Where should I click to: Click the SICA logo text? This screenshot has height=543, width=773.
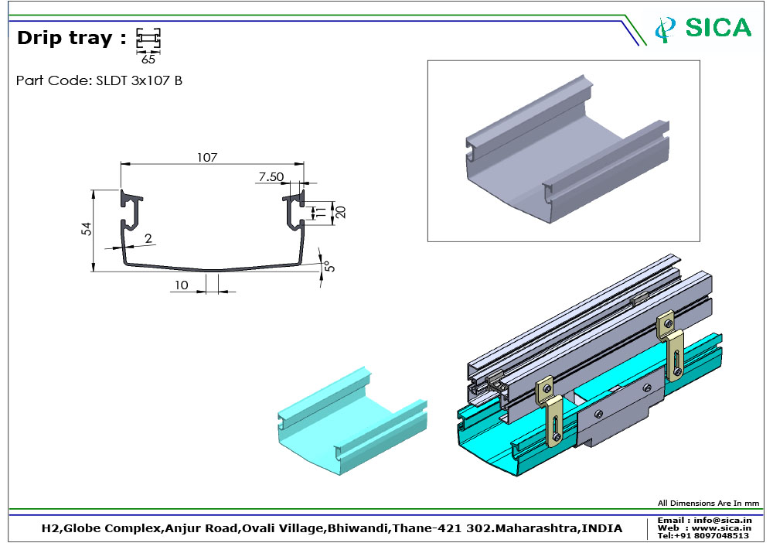[718, 28]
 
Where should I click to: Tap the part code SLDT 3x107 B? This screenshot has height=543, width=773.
[99, 80]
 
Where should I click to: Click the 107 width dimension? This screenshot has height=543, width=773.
[206, 157]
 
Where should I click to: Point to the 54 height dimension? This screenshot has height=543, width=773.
[87, 229]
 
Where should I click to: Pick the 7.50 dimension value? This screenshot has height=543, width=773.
[271, 177]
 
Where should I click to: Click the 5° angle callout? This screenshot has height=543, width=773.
[328, 266]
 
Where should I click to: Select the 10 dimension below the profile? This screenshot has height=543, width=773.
[181, 285]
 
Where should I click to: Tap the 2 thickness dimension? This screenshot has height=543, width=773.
[148, 239]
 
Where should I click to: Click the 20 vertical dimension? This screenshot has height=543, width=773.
[339, 211]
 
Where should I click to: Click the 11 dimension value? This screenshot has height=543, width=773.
[315, 211]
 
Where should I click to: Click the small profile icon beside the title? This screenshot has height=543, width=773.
[148, 39]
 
